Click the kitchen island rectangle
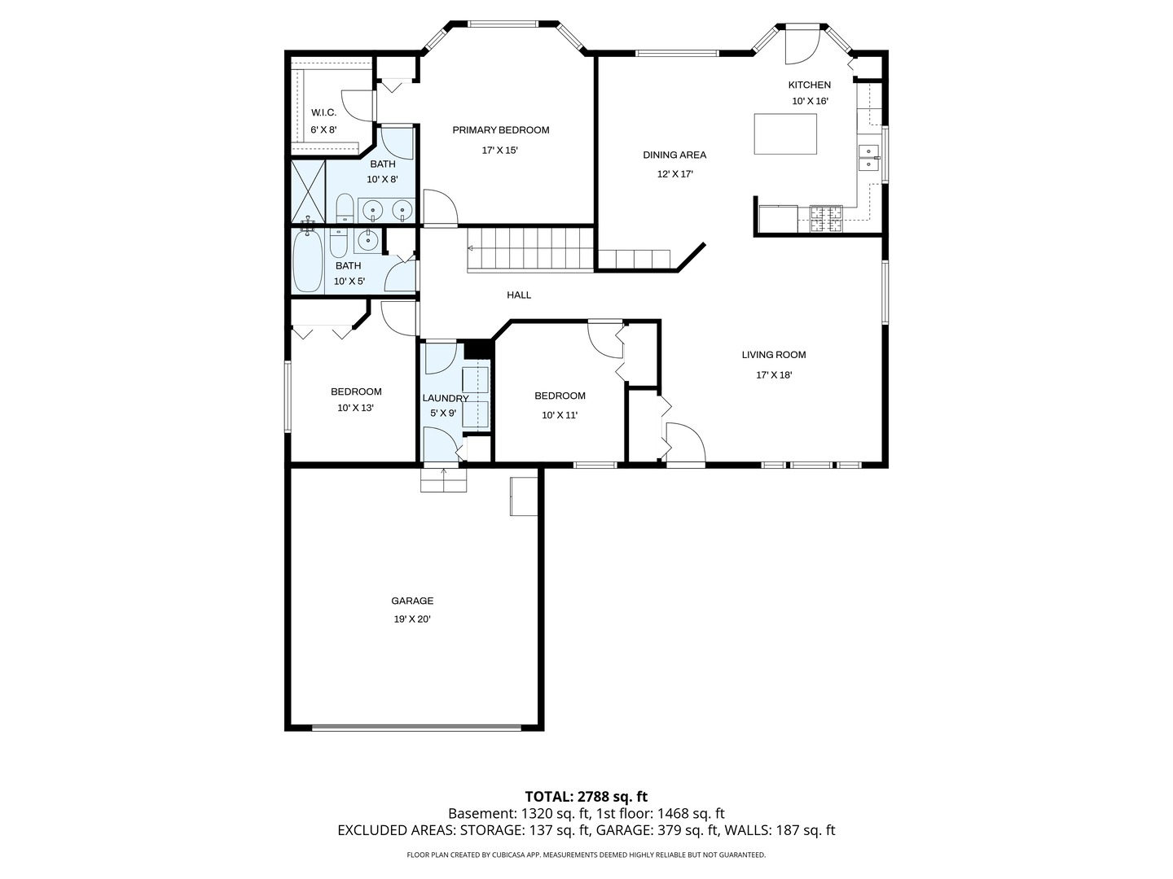(x=785, y=134)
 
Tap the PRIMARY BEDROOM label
(x=500, y=130)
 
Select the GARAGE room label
(x=412, y=601)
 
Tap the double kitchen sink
(x=868, y=157)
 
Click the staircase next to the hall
(x=529, y=249)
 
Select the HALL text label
(x=519, y=295)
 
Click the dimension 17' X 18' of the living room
(x=774, y=375)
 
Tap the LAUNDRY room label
(x=445, y=398)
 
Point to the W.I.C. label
(x=323, y=112)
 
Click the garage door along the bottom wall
(x=416, y=728)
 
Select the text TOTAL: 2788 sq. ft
(x=586, y=796)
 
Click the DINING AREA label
(x=674, y=155)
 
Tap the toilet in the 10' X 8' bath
(x=345, y=209)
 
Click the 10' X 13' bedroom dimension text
(x=355, y=409)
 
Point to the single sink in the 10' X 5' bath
(x=367, y=239)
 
